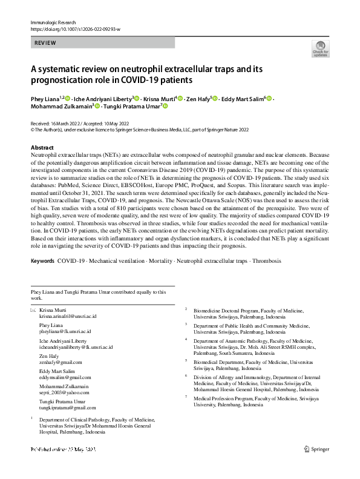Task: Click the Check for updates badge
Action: pos(320,50)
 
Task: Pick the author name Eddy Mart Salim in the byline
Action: pos(243,98)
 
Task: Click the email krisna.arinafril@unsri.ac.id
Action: pos(64,316)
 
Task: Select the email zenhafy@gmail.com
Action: pos(56,362)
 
